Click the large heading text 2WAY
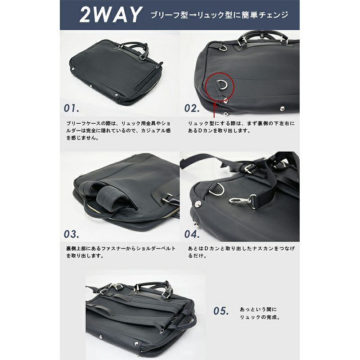[x=110, y=15]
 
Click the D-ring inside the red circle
[x=221, y=84]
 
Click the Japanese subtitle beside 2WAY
[x=220, y=15]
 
